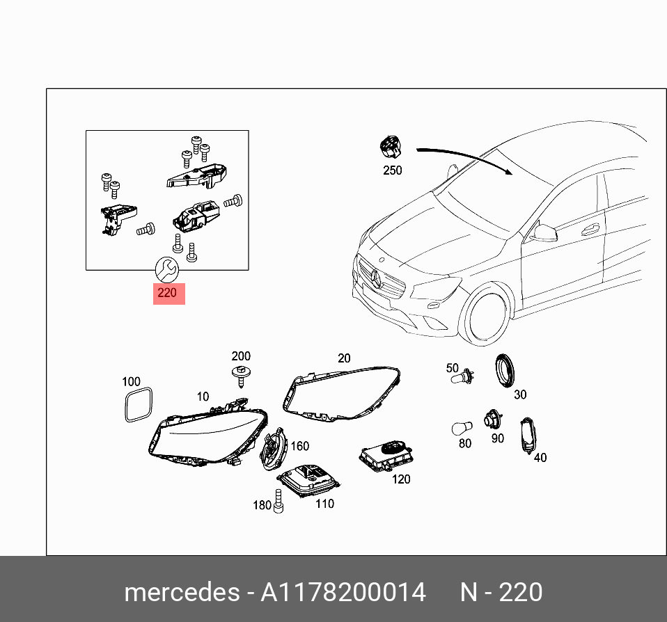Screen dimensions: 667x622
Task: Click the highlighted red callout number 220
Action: click(168, 293)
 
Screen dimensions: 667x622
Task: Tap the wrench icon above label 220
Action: click(166, 267)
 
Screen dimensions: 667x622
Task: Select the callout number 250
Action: click(392, 170)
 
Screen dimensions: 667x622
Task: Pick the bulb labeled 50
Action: click(462, 380)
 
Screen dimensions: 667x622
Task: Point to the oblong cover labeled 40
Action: click(528, 435)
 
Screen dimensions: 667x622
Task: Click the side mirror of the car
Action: click(543, 232)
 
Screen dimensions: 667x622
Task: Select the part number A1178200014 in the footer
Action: click(343, 592)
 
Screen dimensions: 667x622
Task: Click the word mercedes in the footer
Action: click(181, 592)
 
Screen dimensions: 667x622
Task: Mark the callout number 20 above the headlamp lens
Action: click(344, 358)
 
